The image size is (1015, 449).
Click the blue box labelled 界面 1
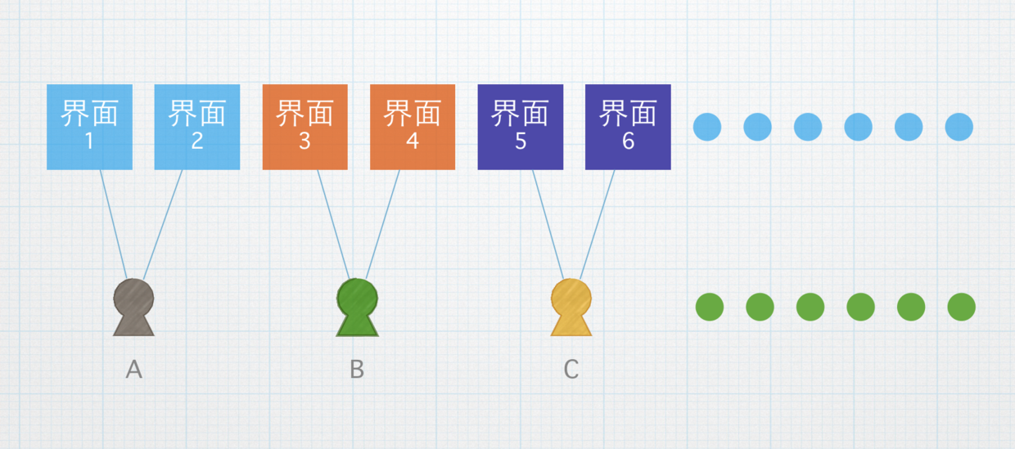pyautogui.click(x=89, y=127)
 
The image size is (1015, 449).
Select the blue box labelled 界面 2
pyautogui.click(x=197, y=127)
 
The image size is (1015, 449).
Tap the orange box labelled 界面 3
pyautogui.click(x=304, y=127)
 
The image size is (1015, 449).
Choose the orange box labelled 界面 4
pyautogui.click(x=413, y=127)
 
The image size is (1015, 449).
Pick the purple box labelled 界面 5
pyautogui.click(x=521, y=127)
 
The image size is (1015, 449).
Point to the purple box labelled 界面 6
pyautogui.click(x=628, y=127)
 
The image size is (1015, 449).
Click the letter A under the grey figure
pyautogui.click(x=134, y=370)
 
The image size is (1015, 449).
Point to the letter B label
pyautogui.click(x=357, y=370)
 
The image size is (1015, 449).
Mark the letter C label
pyautogui.click(x=571, y=370)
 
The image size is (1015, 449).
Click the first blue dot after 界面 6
pyautogui.click(x=707, y=127)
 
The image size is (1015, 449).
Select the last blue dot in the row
pyautogui.click(x=959, y=127)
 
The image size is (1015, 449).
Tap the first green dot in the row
pyautogui.click(x=710, y=308)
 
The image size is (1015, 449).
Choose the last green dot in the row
pyautogui.click(x=961, y=308)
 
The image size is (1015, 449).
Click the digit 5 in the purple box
pyautogui.click(x=521, y=141)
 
